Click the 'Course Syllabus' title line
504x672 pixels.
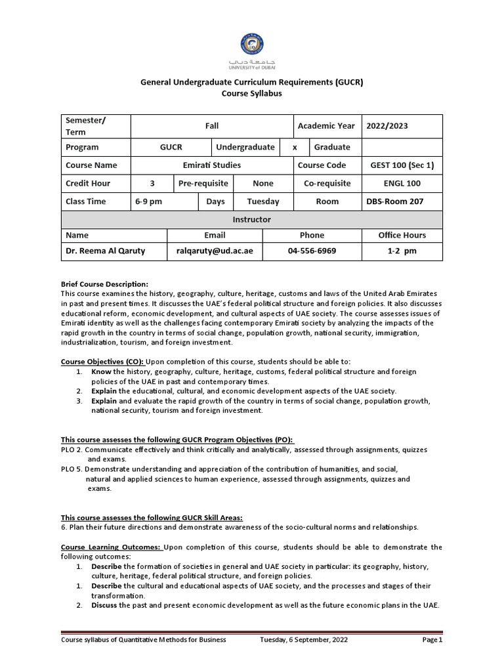252,94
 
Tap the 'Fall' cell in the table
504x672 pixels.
211,126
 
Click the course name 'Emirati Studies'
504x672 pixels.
211,165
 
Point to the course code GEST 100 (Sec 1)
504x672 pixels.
402,165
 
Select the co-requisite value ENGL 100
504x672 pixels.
402,184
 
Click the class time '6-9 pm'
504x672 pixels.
148,202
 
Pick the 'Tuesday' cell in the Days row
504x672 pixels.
263,202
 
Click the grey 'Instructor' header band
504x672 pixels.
251,219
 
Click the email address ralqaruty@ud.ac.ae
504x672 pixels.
215,251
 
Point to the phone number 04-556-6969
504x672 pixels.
312,251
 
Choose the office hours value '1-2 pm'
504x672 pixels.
402,251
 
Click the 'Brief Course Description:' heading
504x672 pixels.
104,283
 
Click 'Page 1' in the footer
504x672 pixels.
432,640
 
